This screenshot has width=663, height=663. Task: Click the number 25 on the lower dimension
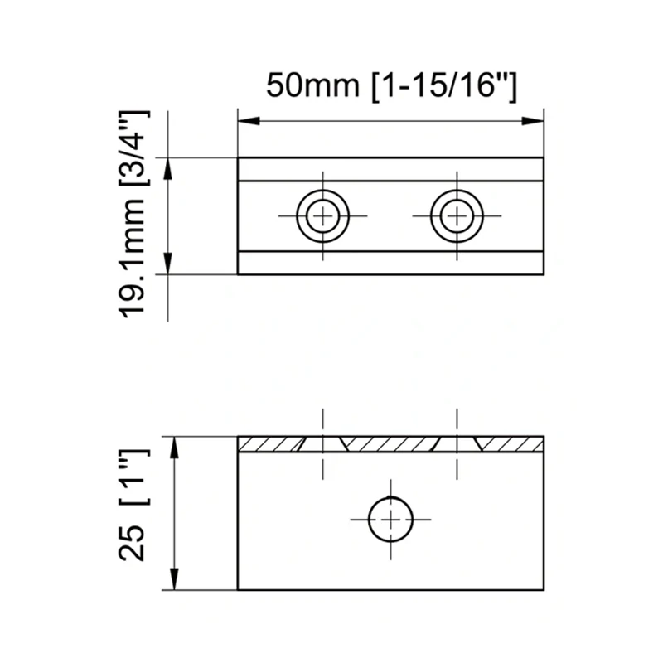point(133,543)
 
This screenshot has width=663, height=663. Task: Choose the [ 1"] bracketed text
point(133,478)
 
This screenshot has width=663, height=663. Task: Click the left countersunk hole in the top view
point(323,215)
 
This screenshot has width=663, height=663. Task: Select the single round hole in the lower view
point(390,519)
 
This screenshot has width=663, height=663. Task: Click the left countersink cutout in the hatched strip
point(323,444)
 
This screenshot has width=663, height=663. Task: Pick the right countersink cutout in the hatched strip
point(456,444)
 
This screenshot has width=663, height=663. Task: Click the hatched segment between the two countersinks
point(390,444)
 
